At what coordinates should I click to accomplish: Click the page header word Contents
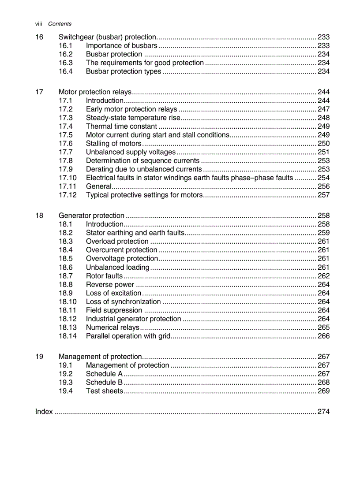click(x=60, y=24)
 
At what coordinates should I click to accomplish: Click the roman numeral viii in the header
click(x=39, y=24)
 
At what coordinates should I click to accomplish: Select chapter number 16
click(x=39, y=37)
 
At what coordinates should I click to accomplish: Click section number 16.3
click(x=65, y=63)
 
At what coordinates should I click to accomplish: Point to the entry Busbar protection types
click(x=123, y=71)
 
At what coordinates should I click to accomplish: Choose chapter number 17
click(x=39, y=92)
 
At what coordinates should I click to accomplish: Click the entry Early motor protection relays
click(x=131, y=109)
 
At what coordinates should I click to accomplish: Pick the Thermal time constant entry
click(x=121, y=127)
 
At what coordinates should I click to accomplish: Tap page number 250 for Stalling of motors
click(x=323, y=144)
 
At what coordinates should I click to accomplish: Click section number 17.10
click(x=67, y=178)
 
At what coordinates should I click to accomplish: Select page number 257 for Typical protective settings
click(x=323, y=195)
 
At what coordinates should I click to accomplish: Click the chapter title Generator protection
click(x=91, y=216)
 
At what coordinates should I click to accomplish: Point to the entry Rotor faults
click(x=104, y=276)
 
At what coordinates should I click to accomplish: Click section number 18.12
click(x=67, y=319)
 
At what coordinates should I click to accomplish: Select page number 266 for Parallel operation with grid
click(x=323, y=336)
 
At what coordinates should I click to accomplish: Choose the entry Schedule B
click(x=104, y=383)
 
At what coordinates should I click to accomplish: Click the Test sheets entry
click(x=104, y=391)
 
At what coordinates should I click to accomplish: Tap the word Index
click(x=44, y=412)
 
